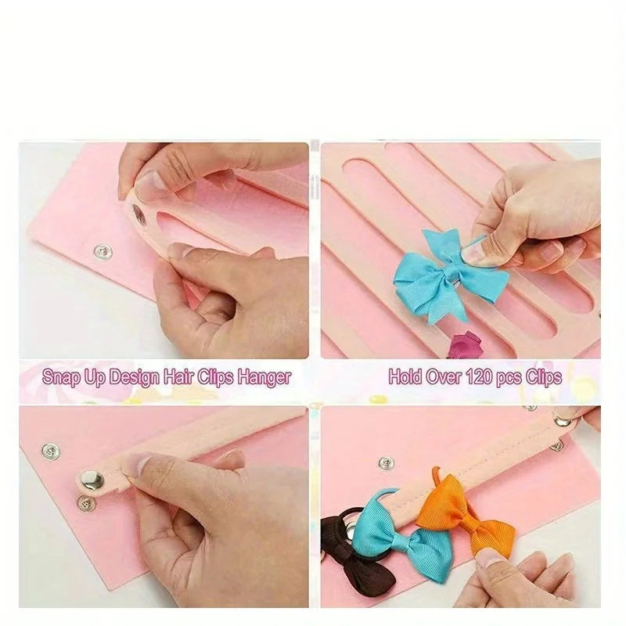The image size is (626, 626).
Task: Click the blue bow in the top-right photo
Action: click(x=449, y=275)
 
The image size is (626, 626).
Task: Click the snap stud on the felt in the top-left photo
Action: click(x=103, y=252)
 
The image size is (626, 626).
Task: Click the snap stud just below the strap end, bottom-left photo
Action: click(x=86, y=503)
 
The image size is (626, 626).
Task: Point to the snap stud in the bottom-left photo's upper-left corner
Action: click(x=51, y=451)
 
